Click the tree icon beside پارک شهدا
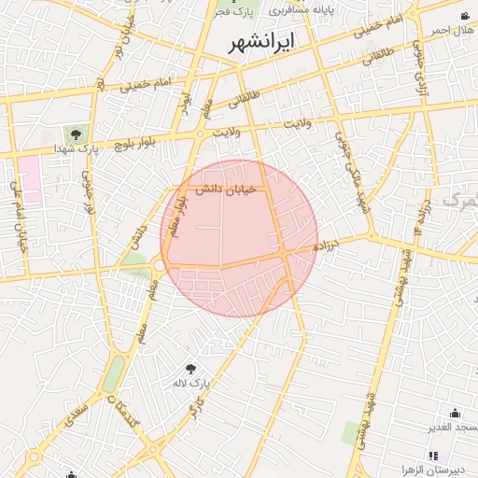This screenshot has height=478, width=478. click(76, 135)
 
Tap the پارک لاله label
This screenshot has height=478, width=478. click(192, 383)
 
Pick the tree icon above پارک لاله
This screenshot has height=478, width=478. click(192, 369)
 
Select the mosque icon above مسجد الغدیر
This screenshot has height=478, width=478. click(455, 413)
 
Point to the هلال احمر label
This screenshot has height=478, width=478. click(453, 30)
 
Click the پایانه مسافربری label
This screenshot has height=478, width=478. click(308, 9)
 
